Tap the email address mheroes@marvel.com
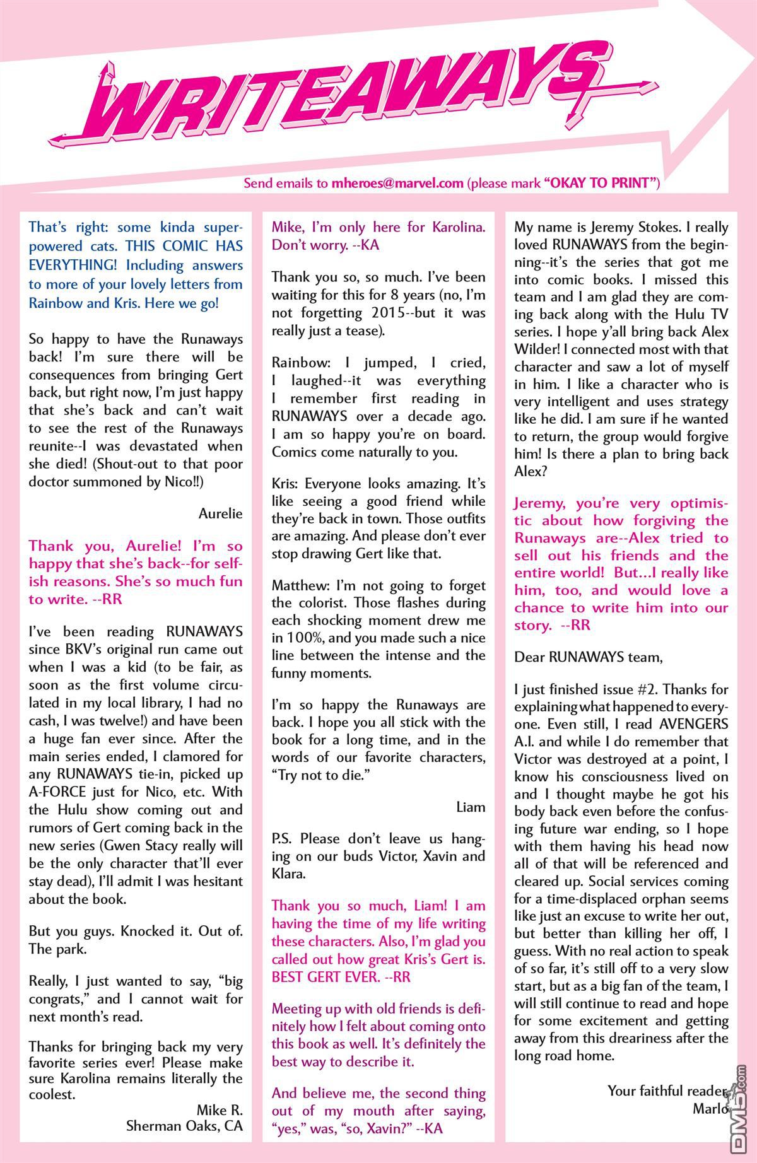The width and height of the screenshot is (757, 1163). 397,184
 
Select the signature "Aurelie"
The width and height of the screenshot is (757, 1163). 221,513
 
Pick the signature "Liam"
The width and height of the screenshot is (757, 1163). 471,807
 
